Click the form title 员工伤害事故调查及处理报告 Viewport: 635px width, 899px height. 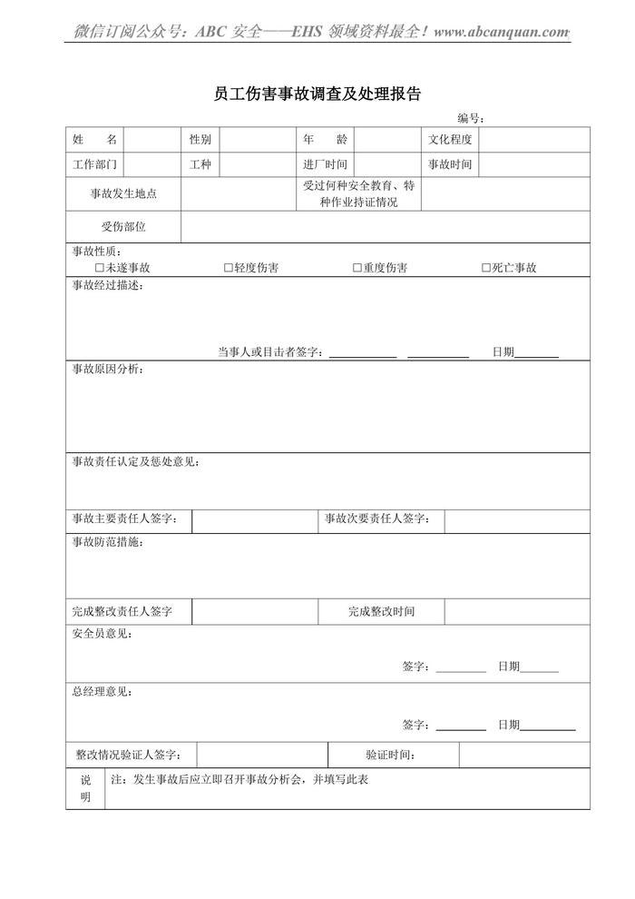pos(317,94)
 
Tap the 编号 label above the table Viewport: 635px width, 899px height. pos(470,118)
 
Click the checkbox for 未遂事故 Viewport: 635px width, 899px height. pos(100,268)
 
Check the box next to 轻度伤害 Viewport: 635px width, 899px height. pos(229,268)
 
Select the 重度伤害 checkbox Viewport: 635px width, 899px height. pos(357,268)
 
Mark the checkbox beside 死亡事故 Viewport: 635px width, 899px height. pos(486,268)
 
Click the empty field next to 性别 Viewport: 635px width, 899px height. pos(257,140)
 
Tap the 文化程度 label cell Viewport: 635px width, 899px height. pos(450,140)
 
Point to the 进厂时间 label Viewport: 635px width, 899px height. pos(325,164)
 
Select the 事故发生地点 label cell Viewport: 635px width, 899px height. pos(123,194)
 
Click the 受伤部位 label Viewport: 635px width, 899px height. pos(123,227)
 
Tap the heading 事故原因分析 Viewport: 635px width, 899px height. pos(107,370)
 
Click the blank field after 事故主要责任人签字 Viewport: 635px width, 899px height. pos(255,520)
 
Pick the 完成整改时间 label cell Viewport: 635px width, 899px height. pos(381,612)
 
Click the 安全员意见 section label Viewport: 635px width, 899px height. pos(102,634)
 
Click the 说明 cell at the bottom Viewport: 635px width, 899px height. pos(85,788)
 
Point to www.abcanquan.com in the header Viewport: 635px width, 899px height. pos(501,32)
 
